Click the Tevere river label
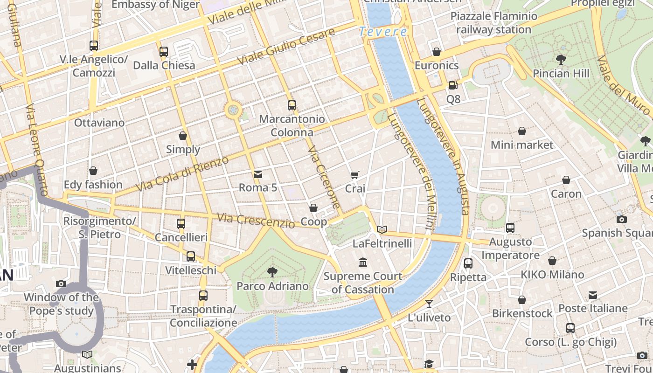coord(383,32)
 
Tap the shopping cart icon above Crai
coord(355,175)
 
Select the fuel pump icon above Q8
coord(452,85)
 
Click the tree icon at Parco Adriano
coord(272,272)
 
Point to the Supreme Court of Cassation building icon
coord(362,262)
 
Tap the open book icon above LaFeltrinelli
coord(382,229)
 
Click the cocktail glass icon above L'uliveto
coord(429,304)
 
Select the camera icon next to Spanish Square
coord(621,219)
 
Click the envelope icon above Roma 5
coord(257,174)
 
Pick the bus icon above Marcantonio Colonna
coord(292,105)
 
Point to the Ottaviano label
coord(99,123)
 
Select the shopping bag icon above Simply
coord(183,136)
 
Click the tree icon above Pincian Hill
coord(561,59)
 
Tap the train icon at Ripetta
coord(468,263)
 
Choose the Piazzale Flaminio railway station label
coord(494,23)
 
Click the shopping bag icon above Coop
coord(313,208)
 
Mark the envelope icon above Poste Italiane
coord(592,295)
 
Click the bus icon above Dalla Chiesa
coord(164,51)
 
